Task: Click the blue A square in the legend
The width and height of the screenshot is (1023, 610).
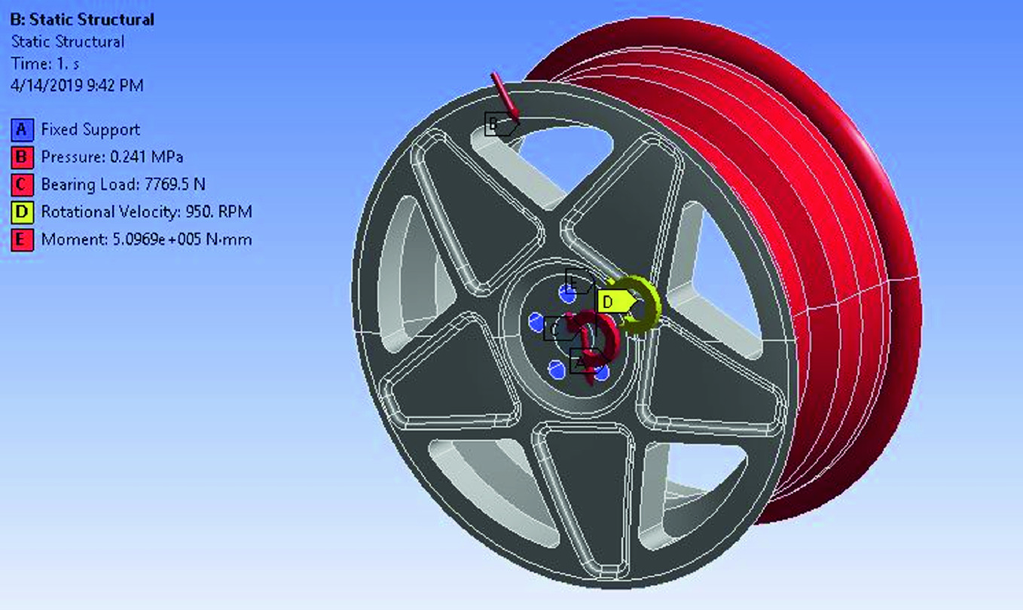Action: point(22,130)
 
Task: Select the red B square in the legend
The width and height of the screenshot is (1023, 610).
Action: point(22,157)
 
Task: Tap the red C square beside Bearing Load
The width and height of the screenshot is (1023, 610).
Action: point(22,185)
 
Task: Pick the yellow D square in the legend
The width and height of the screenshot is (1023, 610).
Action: point(22,212)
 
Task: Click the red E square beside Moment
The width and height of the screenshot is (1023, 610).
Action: point(22,239)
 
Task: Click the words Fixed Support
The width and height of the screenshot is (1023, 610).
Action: point(90,130)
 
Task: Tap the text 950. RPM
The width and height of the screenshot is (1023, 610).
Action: point(218,212)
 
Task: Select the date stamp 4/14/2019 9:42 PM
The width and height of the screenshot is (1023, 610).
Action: point(77,85)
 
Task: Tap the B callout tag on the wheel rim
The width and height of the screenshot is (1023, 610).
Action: point(498,124)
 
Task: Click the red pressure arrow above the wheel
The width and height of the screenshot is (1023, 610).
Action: point(504,96)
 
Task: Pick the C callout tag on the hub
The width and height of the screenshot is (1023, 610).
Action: point(557,328)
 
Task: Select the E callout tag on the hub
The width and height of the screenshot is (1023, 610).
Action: point(579,282)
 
